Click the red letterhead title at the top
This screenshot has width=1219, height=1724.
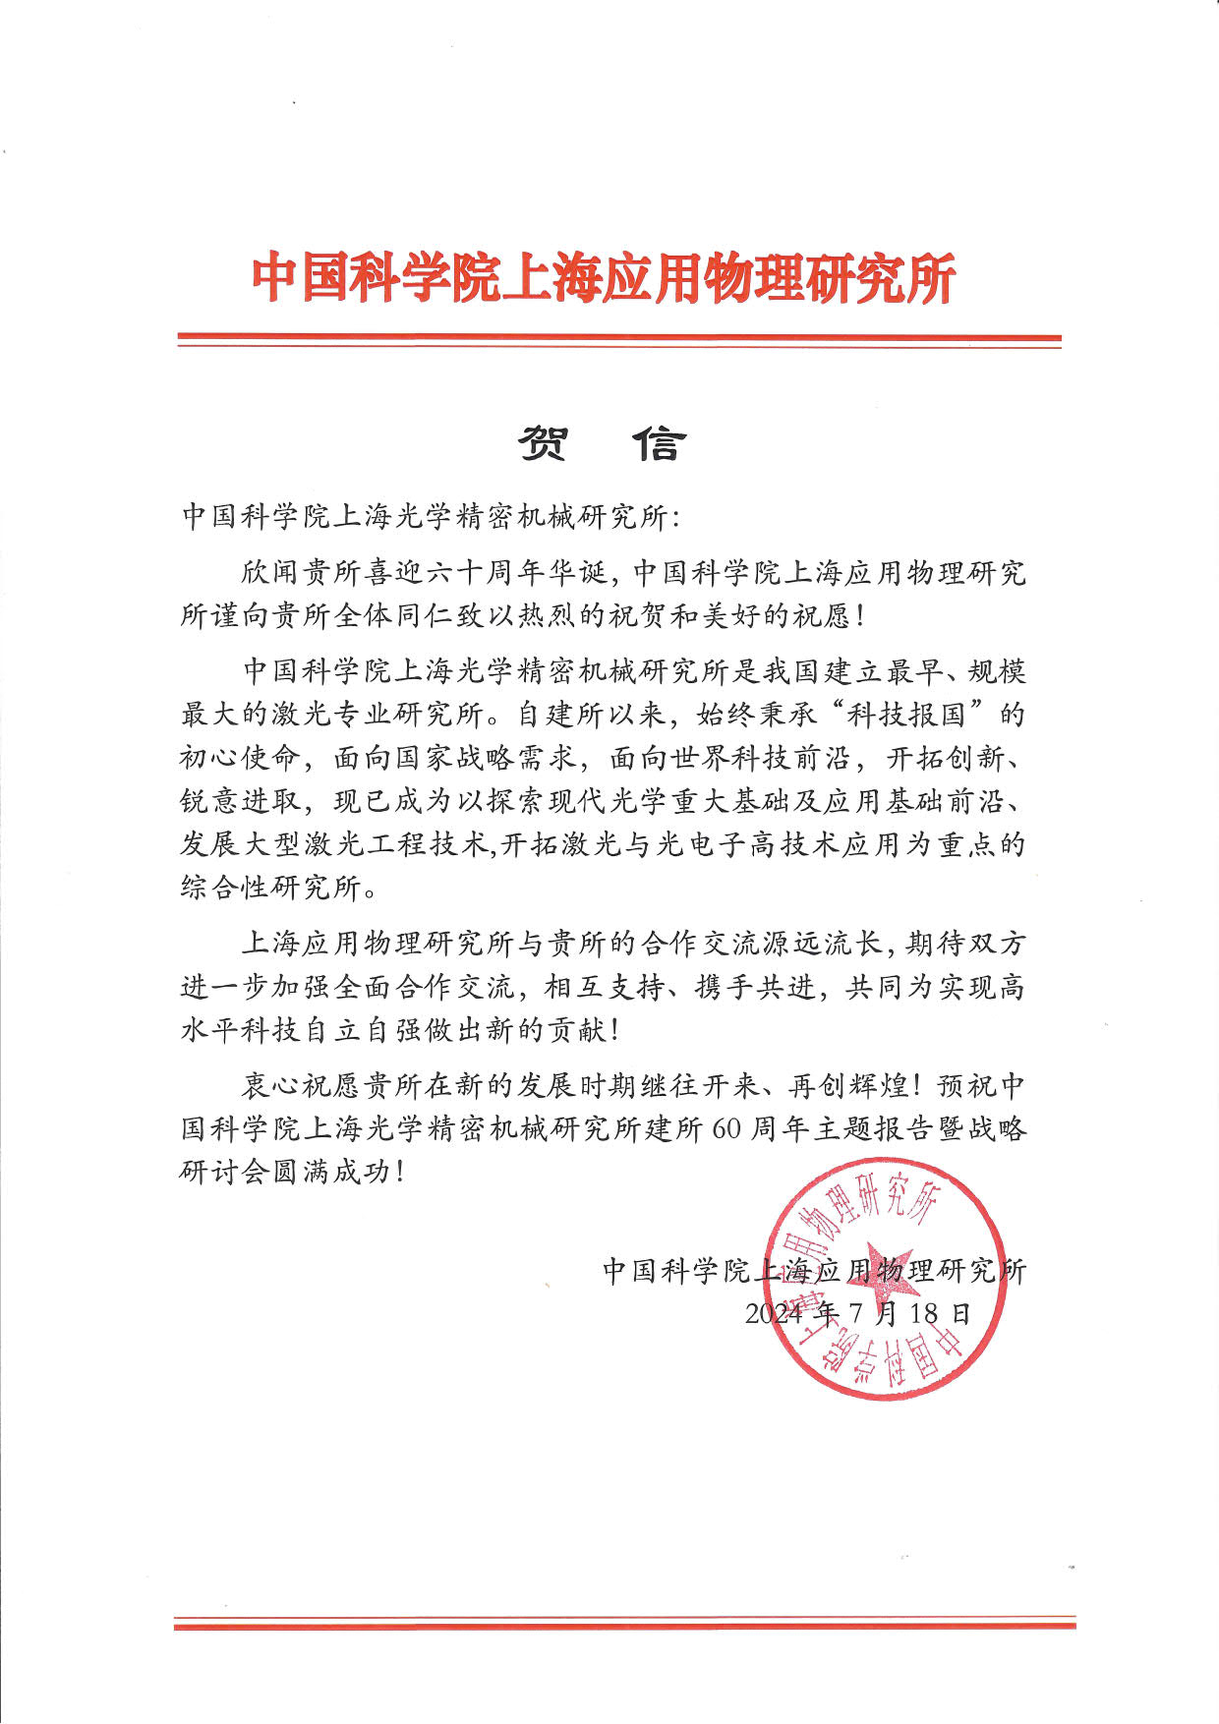tap(604, 278)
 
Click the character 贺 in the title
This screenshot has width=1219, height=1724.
tap(543, 444)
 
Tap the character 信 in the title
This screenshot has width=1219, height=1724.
tap(658, 444)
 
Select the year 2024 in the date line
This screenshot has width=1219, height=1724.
tap(774, 1313)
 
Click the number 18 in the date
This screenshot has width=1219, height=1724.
tap(924, 1313)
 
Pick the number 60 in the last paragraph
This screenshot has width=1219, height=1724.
tap(726, 1128)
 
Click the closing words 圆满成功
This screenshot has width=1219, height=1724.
tap(346, 1172)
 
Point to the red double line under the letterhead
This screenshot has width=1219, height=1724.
tap(618, 340)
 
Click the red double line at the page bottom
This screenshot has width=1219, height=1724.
tap(624, 1623)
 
